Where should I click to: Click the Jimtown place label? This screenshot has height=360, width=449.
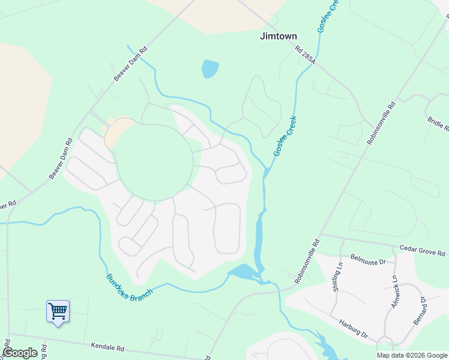click(278, 36)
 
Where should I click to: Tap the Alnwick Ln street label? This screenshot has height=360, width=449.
click(394, 292)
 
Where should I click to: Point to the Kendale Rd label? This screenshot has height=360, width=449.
click(107, 347)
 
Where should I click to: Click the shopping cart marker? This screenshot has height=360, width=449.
click(58, 311)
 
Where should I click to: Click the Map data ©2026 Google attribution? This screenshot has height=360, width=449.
click(412, 355)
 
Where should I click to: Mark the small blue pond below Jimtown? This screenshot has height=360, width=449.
click(210, 68)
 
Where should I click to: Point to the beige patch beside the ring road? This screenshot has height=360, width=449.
click(118, 130)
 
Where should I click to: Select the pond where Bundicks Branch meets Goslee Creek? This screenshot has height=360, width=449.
click(243, 272)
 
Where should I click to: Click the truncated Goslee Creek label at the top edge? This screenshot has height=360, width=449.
click(327, 17)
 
